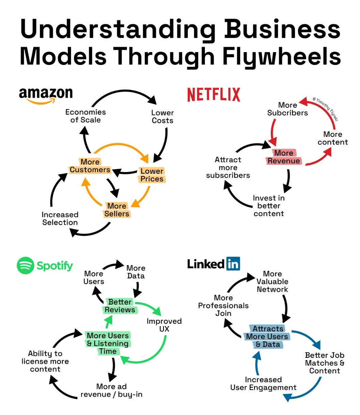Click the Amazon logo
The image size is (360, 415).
click(x=46, y=95)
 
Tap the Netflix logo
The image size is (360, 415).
click(x=214, y=94)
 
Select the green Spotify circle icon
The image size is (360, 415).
click(x=26, y=265)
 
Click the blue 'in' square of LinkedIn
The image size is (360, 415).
click(x=233, y=264)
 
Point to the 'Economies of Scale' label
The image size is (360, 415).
click(x=86, y=116)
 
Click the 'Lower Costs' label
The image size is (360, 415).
click(x=163, y=117)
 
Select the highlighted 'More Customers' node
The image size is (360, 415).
click(x=90, y=166)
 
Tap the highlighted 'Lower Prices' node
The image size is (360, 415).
click(x=152, y=175)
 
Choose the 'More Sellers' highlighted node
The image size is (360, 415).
click(x=117, y=210)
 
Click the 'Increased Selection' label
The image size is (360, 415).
click(x=60, y=218)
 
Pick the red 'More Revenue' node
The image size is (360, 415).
click(x=284, y=157)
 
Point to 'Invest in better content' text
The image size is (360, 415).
click(x=269, y=206)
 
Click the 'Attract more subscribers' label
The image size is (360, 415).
click(x=228, y=167)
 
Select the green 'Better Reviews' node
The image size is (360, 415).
click(x=120, y=306)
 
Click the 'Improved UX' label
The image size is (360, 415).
click(x=164, y=325)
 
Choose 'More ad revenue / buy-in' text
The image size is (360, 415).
click(x=111, y=390)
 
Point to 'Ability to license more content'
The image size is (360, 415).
click(x=45, y=361)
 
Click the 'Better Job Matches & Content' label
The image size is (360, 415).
click(x=325, y=363)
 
